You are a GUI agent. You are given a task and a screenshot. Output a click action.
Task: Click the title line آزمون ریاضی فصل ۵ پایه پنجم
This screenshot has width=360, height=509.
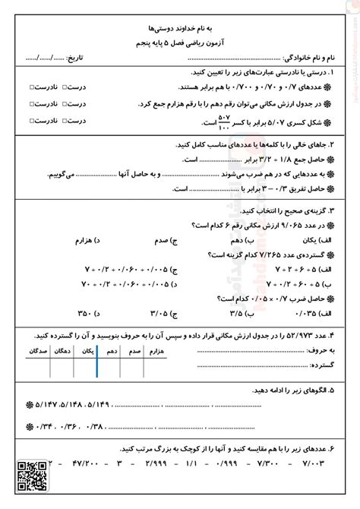click(x=180, y=43)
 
